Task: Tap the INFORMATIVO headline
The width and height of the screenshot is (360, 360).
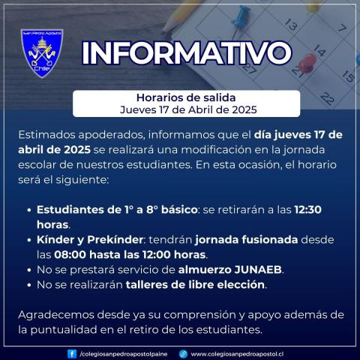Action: point(186,53)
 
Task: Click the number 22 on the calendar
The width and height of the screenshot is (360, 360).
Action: point(327,97)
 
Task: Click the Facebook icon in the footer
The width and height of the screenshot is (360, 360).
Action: point(71,352)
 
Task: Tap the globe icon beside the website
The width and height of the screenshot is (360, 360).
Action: point(183,352)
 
